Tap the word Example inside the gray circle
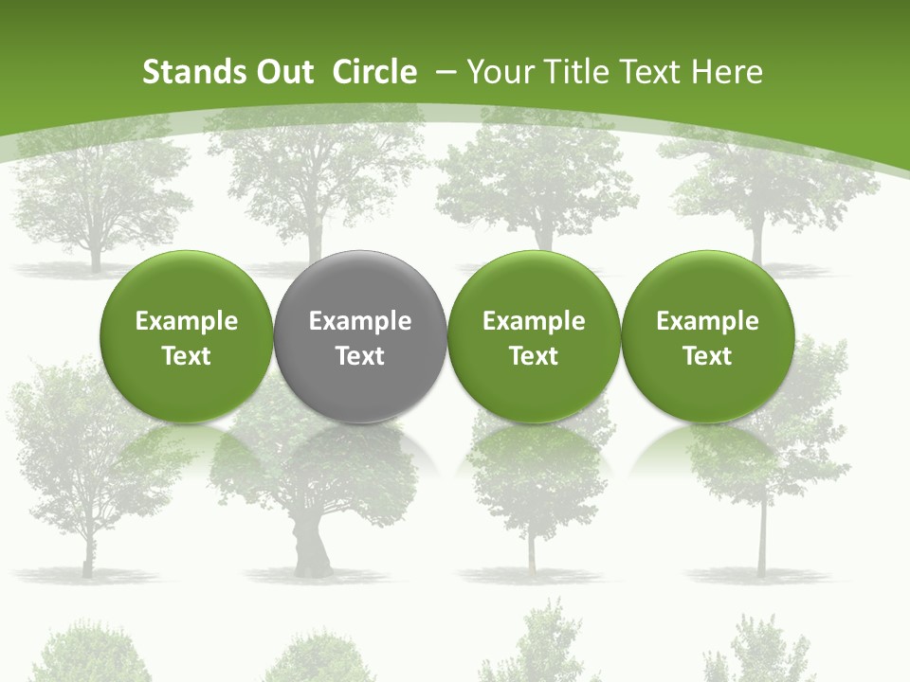tap(360, 321)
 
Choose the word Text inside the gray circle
tap(360, 356)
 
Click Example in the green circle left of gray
tap(187, 321)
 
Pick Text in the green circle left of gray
tap(187, 356)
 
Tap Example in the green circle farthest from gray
tap(708, 321)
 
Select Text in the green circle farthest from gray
tap(708, 356)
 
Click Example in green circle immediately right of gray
tap(534, 321)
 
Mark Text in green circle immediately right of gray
tap(534, 356)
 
